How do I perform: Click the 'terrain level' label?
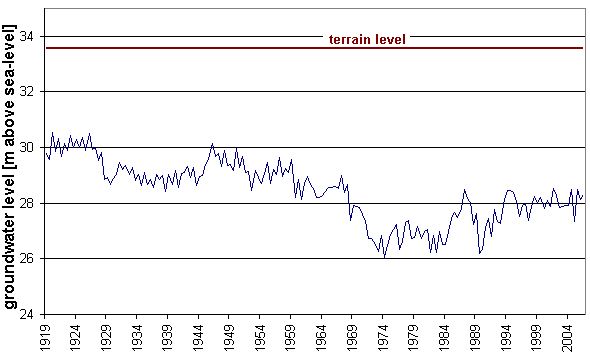(x=367, y=39)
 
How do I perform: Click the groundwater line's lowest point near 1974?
(x=385, y=257)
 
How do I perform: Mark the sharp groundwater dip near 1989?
(x=480, y=254)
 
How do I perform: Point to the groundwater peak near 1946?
(x=212, y=144)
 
